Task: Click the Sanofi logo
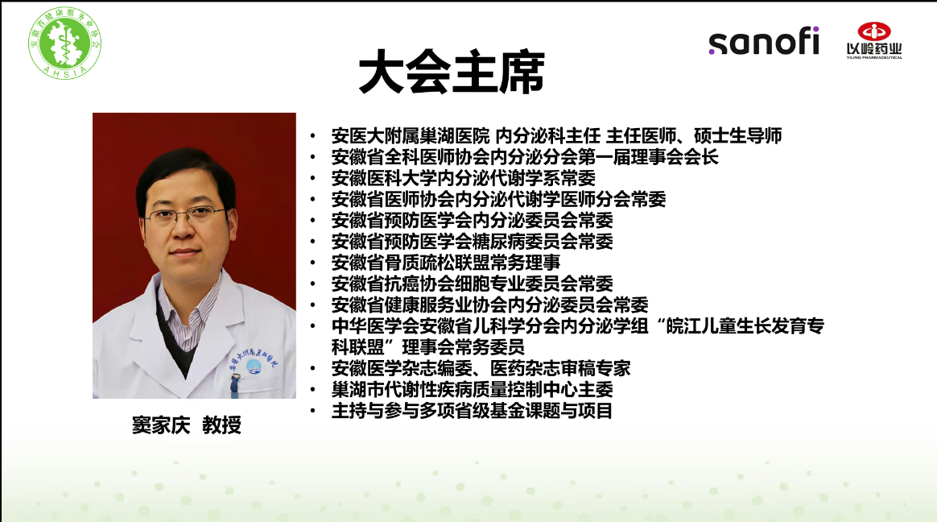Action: tap(763, 41)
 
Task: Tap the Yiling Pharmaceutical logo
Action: tap(873, 40)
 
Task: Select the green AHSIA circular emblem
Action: tap(64, 43)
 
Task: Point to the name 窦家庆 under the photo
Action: tap(161, 425)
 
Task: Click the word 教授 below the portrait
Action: tap(221, 425)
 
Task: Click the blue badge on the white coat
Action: tap(254, 366)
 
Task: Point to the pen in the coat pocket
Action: tap(235, 386)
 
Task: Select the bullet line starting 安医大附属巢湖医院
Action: tap(557, 135)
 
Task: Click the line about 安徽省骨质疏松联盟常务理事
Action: tap(446, 263)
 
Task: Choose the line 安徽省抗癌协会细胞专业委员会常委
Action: tap(472, 284)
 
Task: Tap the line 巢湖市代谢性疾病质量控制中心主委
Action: tap(472, 389)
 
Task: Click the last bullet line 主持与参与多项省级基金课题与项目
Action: tap(472, 411)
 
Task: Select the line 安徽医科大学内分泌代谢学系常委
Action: tap(464, 178)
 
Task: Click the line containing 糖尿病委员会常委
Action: tap(472, 242)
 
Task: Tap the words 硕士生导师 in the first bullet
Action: tap(738, 135)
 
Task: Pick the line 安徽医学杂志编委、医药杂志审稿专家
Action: tap(481, 368)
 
